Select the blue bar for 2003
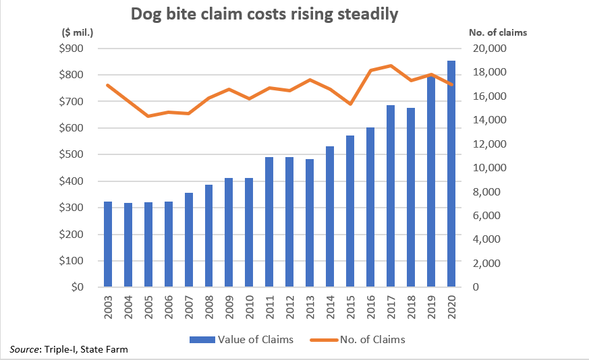pyautogui.click(x=108, y=244)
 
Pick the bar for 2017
pyautogui.click(x=391, y=196)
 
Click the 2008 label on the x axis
pyautogui.click(x=209, y=308)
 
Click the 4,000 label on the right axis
pyautogui.click(x=487, y=239)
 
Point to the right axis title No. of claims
pyautogui.click(x=497, y=32)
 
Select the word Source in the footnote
pyautogui.click(x=24, y=349)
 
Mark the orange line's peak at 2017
pyautogui.click(x=391, y=65)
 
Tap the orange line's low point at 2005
pyautogui.click(x=148, y=116)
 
